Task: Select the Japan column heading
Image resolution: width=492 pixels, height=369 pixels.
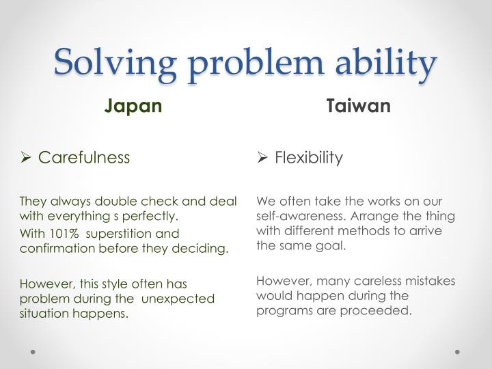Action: click(133, 107)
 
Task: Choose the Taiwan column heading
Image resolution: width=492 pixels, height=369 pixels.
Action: click(358, 107)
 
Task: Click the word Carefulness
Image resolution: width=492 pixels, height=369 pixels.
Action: click(83, 158)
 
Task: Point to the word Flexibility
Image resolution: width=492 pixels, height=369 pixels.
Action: click(309, 158)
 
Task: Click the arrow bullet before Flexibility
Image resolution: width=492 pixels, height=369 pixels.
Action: click(263, 158)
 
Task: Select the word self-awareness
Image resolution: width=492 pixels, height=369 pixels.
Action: click(295, 217)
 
